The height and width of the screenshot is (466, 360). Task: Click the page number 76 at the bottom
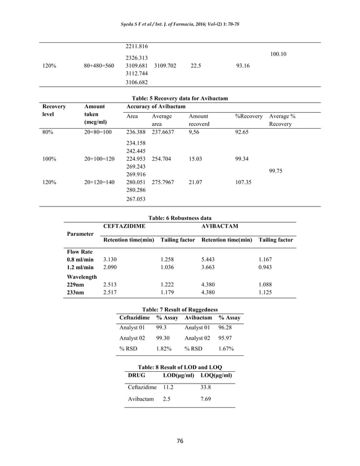tap(179, 441)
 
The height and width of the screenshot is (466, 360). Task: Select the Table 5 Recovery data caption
tap(179, 98)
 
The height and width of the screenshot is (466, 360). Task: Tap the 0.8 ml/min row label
tap(80, 260)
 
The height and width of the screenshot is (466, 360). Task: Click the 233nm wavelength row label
tap(76, 292)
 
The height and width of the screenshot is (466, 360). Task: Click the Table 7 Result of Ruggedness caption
tap(179, 310)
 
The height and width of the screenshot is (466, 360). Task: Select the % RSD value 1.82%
tap(164, 349)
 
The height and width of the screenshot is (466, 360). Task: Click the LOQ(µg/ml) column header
tap(217, 376)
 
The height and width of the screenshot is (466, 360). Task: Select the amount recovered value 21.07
tap(196, 183)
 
